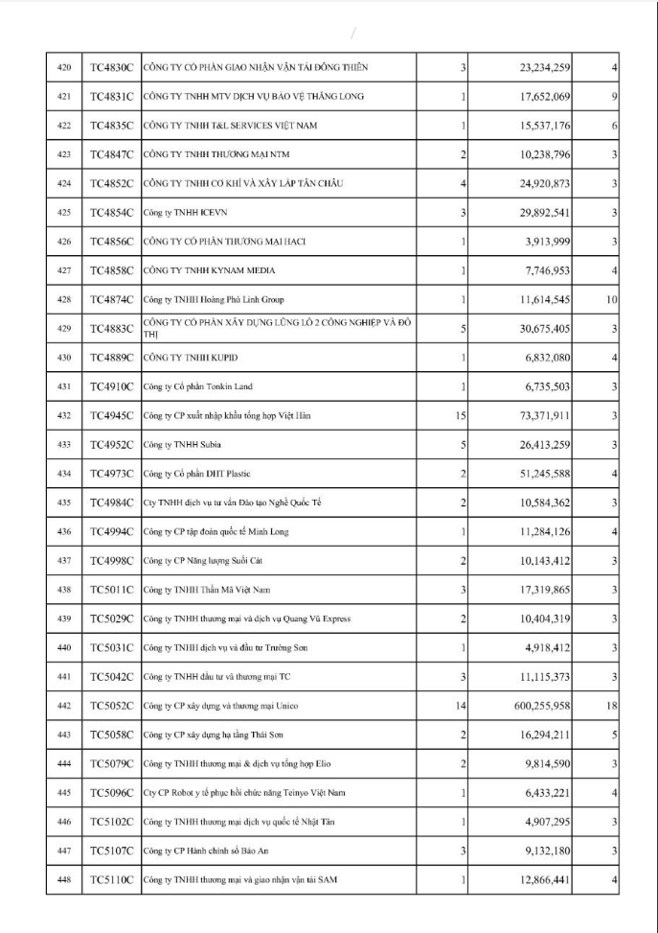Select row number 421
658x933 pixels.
click(x=64, y=96)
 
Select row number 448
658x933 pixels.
click(x=64, y=879)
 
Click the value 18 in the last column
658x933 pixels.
click(x=610, y=706)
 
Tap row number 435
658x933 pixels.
click(x=64, y=502)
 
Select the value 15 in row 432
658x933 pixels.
click(x=460, y=415)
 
